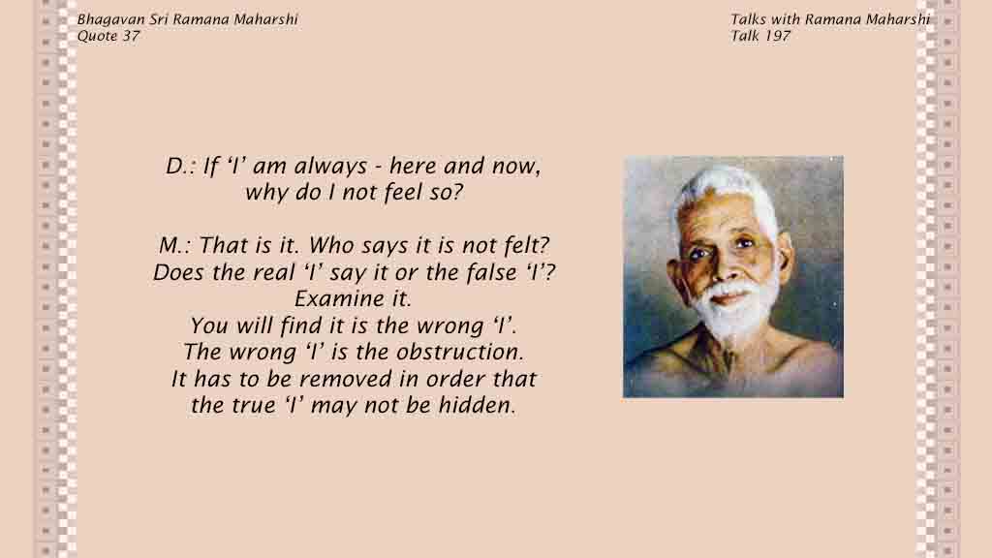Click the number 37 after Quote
pos(131,36)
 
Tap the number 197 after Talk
pos(777,36)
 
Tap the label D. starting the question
pos(176,167)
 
